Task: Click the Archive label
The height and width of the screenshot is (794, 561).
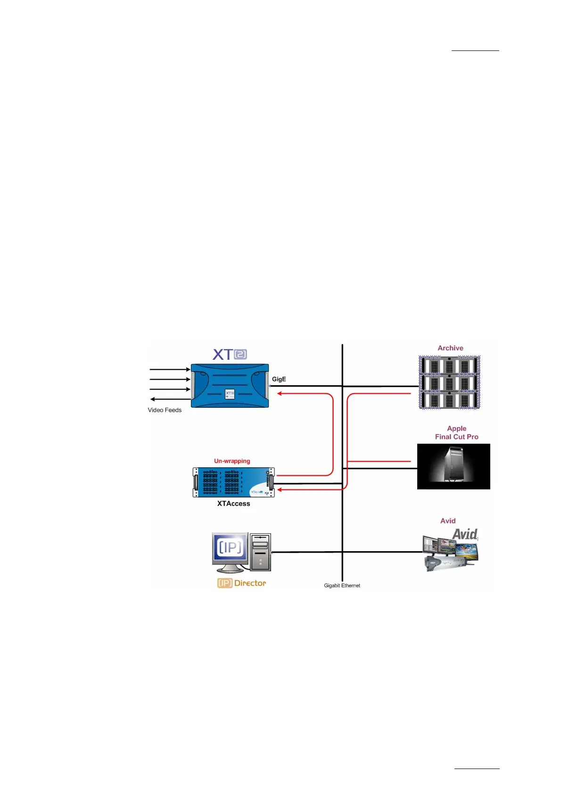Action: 450,348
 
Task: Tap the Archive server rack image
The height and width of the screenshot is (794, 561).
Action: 449,382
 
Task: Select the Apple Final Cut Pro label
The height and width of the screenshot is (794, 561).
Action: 456,432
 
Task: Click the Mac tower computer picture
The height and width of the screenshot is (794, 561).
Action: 454,466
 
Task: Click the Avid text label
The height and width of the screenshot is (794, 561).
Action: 448,521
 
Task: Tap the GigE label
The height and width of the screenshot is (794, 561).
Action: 279,379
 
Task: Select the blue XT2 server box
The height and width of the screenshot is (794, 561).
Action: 230,385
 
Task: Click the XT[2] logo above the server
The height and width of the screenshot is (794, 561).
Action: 230,354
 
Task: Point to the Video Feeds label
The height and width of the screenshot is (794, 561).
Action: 165,410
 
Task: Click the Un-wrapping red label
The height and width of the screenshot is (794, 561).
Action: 232,461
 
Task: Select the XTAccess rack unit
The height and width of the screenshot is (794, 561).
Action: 233,482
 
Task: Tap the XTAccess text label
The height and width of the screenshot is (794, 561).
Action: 233,504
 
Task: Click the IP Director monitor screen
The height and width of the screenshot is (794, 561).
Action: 230,547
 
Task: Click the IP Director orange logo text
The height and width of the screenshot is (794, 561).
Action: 241,583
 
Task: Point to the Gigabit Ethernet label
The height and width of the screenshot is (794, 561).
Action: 342,586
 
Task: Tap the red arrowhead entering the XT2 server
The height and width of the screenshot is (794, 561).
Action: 280,393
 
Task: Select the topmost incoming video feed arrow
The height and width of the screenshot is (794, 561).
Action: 170,370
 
